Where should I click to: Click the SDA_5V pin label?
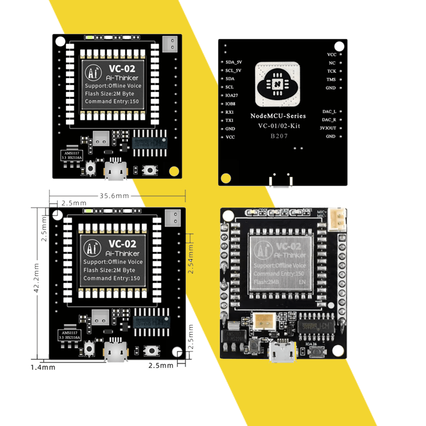tap(234, 62)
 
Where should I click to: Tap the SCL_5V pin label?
tap(234, 70)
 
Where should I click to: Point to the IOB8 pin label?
tap(230, 104)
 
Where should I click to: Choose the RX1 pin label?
tap(230, 112)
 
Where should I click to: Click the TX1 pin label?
tap(230, 120)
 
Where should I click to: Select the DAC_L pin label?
tap(329, 112)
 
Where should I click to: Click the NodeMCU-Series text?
tap(277, 116)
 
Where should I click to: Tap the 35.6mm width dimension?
tap(114, 196)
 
